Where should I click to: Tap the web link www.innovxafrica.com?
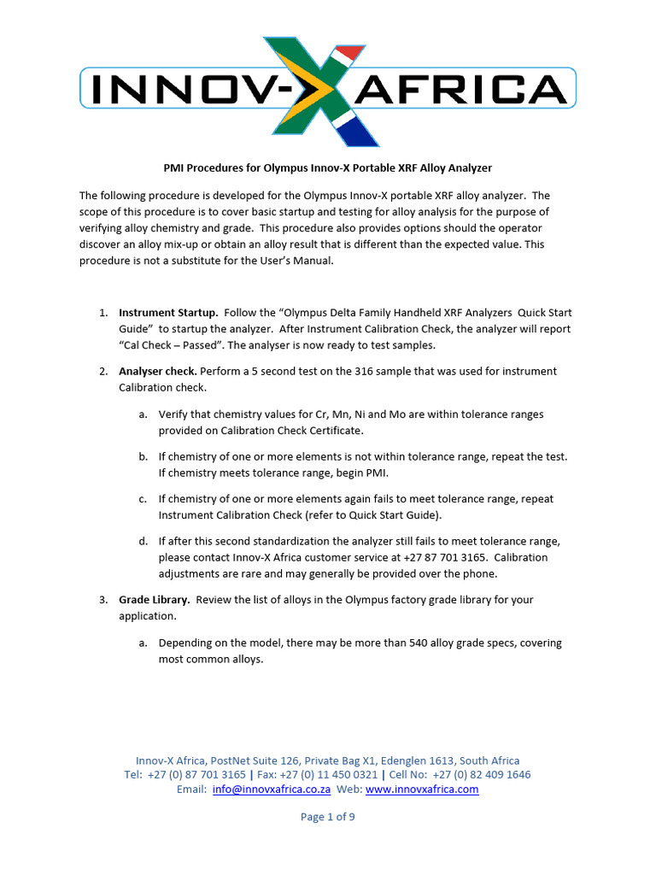[422, 790]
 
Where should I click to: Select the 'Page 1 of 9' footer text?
[328, 817]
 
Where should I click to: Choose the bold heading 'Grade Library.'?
[155, 600]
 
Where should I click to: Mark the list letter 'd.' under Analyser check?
[143, 541]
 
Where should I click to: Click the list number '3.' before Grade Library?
[103, 600]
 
